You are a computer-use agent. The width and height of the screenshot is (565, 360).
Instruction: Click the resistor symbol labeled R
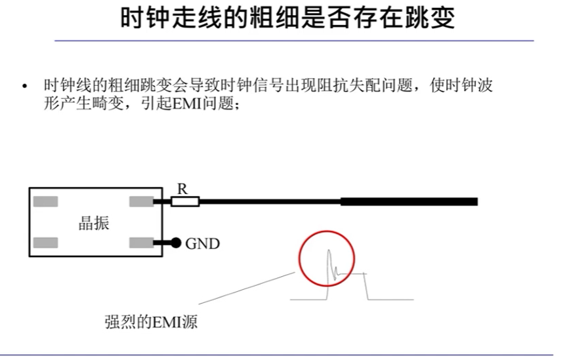click(184, 201)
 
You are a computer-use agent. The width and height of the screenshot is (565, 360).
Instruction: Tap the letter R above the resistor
click(182, 188)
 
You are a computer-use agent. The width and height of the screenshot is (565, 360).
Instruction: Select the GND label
click(202, 244)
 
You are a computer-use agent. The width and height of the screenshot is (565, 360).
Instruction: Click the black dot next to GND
click(176, 243)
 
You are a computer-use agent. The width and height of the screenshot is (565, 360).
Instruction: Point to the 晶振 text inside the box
click(94, 223)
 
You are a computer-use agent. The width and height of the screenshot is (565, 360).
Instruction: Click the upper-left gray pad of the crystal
click(46, 201)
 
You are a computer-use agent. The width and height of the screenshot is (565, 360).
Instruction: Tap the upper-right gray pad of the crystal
click(141, 201)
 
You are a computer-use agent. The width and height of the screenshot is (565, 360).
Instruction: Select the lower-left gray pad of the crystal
click(46, 243)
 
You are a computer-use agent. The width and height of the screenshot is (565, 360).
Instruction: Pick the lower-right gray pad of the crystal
click(141, 243)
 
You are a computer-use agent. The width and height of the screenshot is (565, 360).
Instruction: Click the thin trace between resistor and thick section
click(269, 201)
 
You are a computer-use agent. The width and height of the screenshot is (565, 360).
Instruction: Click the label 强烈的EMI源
click(150, 323)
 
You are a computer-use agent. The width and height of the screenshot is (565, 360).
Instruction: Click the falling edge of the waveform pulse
click(366, 287)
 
